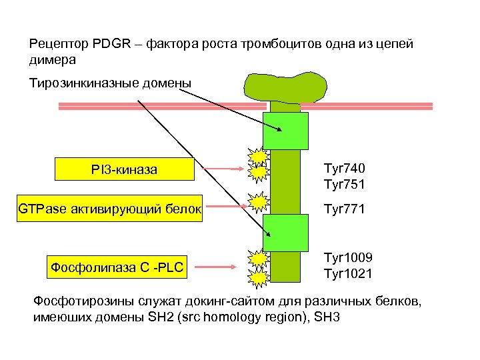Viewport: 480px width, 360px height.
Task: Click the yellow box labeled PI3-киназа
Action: click(124, 169)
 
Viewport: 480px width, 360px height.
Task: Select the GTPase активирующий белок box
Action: click(110, 209)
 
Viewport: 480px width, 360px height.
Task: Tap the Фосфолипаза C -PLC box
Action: click(117, 268)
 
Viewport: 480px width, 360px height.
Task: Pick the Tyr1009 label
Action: click(347, 258)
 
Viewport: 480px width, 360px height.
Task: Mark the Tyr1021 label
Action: click(347, 273)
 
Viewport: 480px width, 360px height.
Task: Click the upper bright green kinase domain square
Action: click(285, 131)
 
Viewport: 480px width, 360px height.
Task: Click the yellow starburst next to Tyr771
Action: click(257, 202)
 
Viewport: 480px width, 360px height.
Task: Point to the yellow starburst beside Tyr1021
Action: click(257, 276)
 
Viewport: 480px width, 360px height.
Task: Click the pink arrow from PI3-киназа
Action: click(219, 169)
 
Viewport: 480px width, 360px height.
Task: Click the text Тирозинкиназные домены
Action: click(110, 83)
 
